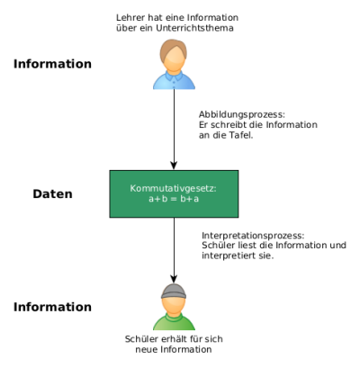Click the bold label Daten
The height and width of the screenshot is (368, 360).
(x=52, y=193)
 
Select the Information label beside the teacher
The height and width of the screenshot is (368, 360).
(x=52, y=64)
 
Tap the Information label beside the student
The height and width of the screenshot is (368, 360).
(x=52, y=307)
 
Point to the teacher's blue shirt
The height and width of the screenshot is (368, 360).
(x=174, y=80)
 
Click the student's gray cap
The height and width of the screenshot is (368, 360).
(x=174, y=291)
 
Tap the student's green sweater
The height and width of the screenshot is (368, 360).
(x=174, y=321)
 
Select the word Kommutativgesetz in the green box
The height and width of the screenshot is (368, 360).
(x=173, y=189)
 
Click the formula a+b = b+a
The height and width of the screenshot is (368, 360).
(x=174, y=199)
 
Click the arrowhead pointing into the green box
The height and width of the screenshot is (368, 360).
(x=174, y=166)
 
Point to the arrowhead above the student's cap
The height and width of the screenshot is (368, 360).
(x=174, y=279)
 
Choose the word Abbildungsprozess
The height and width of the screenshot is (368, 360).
(x=242, y=114)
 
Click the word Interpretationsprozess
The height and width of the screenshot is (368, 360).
(x=253, y=236)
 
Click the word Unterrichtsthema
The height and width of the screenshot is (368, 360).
(x=194, y=28)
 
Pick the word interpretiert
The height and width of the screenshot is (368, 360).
(x=228, y=256)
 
